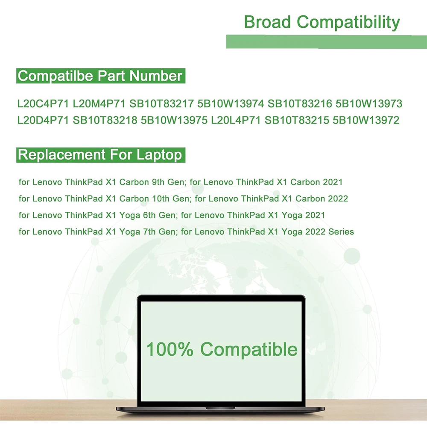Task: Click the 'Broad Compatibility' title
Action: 322,22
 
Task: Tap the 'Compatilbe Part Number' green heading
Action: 101,76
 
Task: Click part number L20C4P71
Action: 43,104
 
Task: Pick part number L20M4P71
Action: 99,104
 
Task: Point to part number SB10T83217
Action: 161,104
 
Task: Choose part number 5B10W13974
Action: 231,104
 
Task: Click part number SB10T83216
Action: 300,104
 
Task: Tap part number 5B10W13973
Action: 369,104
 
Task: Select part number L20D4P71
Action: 43,120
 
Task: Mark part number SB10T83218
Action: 105,120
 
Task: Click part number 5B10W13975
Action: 174,120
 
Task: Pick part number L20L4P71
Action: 236,120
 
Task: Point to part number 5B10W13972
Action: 366,120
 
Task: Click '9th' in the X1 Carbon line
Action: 158,182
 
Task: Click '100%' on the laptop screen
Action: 170,349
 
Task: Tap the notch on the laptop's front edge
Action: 220,408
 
